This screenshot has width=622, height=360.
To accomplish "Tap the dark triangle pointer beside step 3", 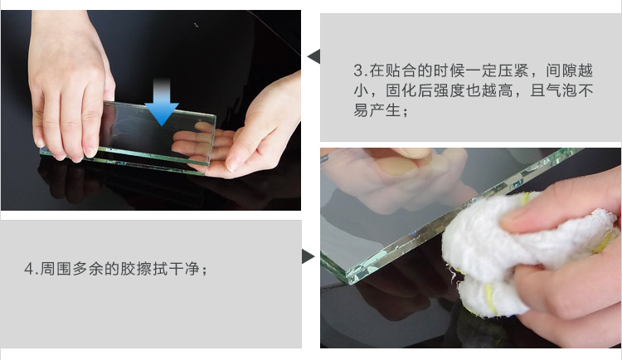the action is (314, 56).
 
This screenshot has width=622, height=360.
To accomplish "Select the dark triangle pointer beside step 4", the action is (308, 256).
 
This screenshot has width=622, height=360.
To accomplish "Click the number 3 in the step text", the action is (358, 71).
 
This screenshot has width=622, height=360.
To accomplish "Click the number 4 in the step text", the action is (29, 269).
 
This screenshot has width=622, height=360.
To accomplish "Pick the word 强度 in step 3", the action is (449, 90).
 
